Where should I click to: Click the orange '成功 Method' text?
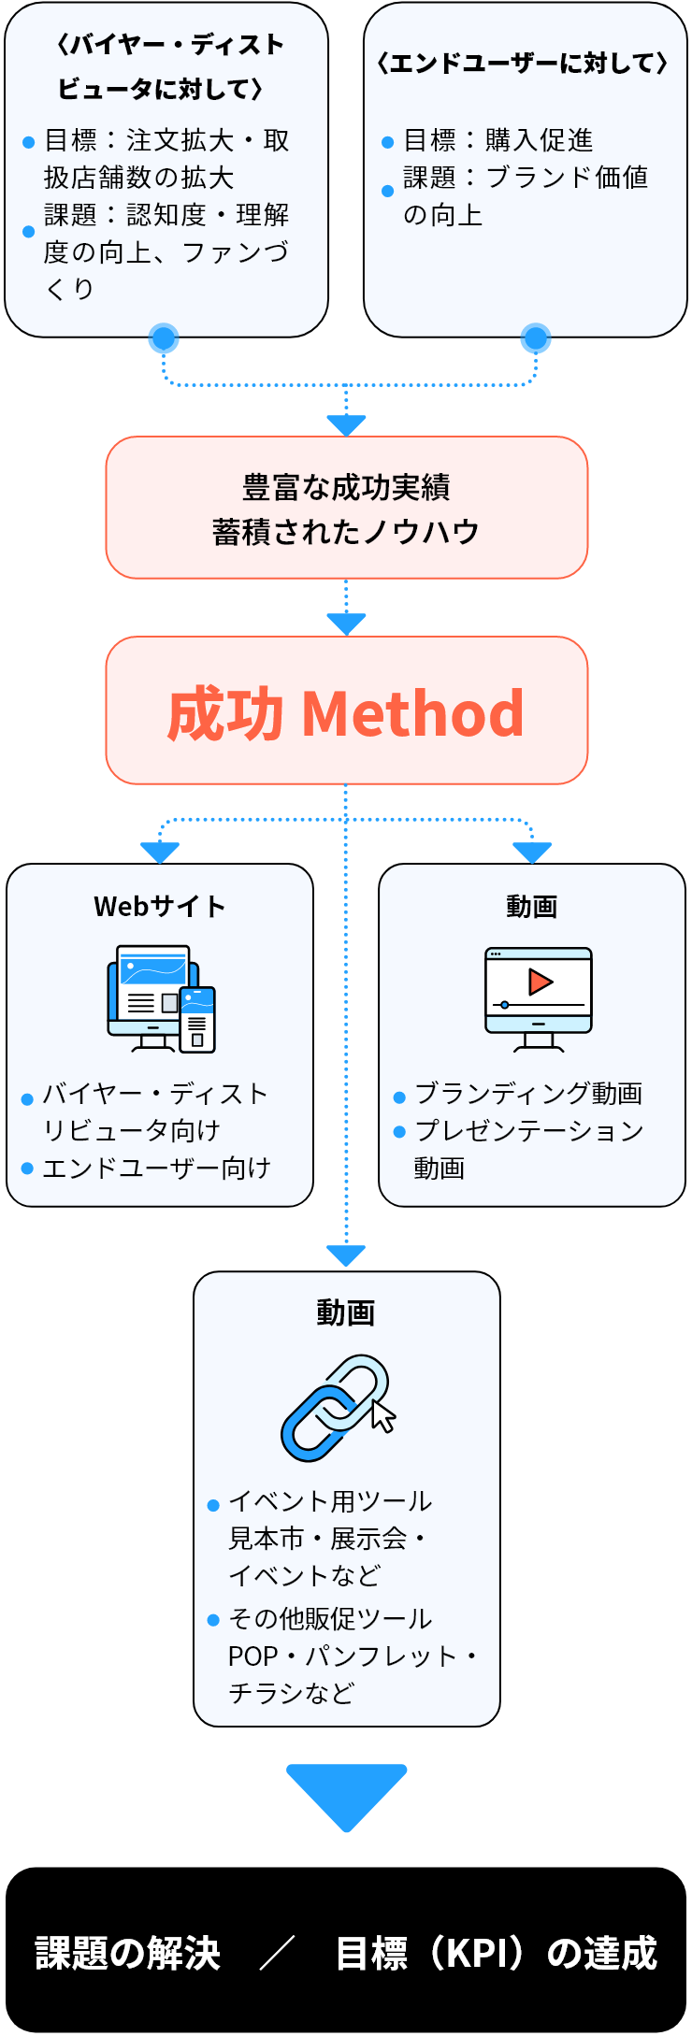pos(346,713)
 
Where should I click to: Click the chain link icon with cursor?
pos(338,1407)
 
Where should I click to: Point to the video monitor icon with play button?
pos(538,999)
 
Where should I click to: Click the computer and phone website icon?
pos(162,999)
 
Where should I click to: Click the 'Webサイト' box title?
pos(160,906)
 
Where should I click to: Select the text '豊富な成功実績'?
pos(346,487)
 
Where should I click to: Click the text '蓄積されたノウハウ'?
pos(346,532)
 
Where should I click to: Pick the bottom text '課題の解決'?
pos(128,1953)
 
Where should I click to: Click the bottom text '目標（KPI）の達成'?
pos(497,1953)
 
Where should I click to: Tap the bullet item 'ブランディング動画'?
pos(528,1093)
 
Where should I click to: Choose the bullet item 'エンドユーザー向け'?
pos(156,1168)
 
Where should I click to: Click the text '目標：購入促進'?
pos(497,140)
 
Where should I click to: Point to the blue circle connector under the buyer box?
pos(164,339)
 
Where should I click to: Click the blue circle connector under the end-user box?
pos(536,338)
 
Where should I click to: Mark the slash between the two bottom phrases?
pos(277,1953)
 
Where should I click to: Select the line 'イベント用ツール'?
pos(329,1501)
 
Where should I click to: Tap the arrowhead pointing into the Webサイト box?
pos(160,852)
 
